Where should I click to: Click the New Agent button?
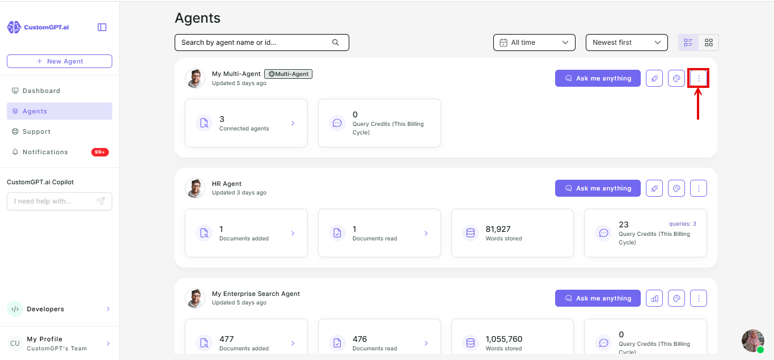pos(60,61)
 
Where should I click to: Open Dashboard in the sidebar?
pos(41,91)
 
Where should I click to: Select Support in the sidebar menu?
pos(36,132)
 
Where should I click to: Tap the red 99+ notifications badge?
pos(100,152)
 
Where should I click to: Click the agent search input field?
pos(261,43)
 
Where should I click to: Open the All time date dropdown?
pos(534,43)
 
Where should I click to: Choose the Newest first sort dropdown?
pos(627,43)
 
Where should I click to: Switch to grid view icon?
pos(709,43)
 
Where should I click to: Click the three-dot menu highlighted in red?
pos(699,78)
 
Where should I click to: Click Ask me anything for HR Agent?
pos(598,188)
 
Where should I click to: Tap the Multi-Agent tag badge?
pos(289,74)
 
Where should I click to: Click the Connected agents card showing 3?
pos(246,123)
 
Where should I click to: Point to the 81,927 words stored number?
pos(498,229)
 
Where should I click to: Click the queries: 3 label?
pos(683,223)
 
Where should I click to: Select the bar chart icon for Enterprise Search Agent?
pos(654,298)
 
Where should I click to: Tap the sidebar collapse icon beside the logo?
pos(102,27)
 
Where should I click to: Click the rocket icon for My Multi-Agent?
pos(654,78)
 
